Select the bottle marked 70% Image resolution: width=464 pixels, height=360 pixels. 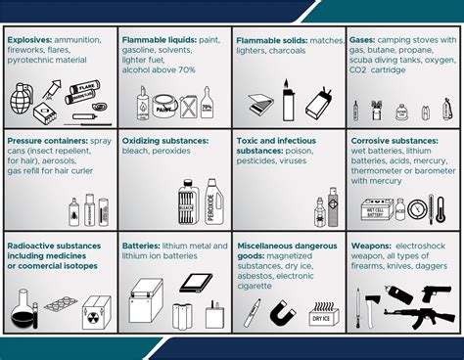(206, 101)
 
